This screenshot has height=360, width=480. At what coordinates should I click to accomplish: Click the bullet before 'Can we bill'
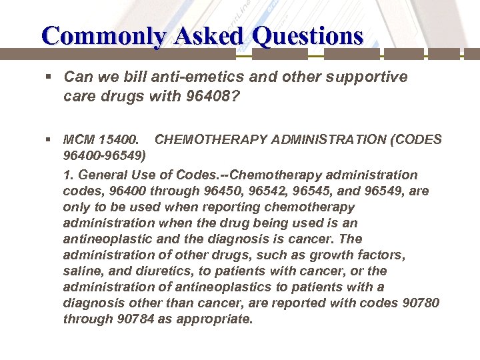click(x=49, y=77)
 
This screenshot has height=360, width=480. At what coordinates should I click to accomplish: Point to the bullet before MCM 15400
click(x=49, y=140)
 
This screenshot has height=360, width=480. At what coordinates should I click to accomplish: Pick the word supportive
click(x=368, y=77)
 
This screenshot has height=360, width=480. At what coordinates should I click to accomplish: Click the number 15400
click(x=119, y=140)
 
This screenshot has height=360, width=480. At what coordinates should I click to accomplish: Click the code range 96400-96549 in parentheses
click(x=105, y=156)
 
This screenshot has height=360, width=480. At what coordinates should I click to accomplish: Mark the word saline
click(x=83, y=271)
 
